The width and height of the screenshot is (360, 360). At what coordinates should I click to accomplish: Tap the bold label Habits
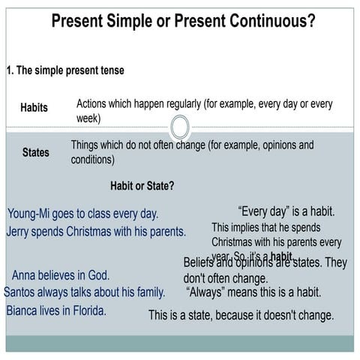(34, 108)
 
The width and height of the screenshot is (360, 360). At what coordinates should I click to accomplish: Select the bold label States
(35, 153)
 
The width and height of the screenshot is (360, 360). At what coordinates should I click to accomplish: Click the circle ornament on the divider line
(180, 126)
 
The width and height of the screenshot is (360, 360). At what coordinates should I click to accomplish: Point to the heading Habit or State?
(142, 185)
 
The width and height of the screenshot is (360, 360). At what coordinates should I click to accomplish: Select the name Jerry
(19, 232)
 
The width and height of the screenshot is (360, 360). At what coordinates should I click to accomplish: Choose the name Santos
(22, 292)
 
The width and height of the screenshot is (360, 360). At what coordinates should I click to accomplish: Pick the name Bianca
(25, 310)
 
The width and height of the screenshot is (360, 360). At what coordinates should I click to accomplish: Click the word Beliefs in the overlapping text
(202, 262)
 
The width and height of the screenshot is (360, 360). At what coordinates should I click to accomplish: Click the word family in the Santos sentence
(147, 292)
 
